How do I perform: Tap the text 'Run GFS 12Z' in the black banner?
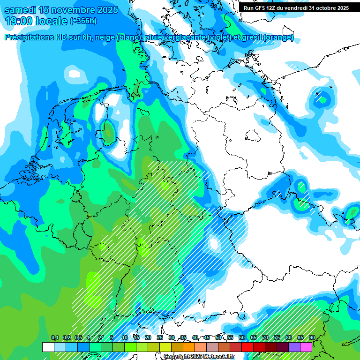[x=259, y=8]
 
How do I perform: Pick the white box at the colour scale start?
[x=48, y=347]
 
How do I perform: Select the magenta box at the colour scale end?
[x=306, y=347]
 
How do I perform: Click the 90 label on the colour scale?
[x=312, y=338]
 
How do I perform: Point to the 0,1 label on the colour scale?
[x=55, y=338]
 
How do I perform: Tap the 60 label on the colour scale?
[x=241, y=338]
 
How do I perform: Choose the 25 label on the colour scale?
[x=159, y=338]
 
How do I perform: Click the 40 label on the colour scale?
[x=195, y=338]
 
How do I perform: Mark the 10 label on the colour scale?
[x=125, y=338]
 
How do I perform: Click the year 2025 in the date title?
[x=103, y=10]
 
